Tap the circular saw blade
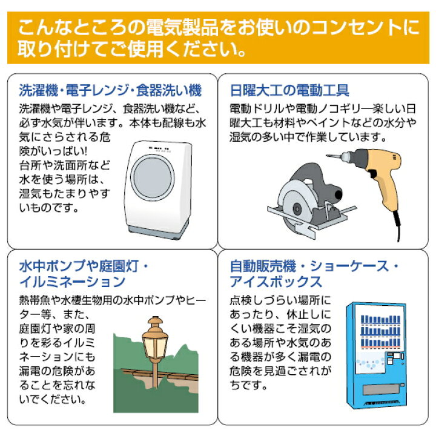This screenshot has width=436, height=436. (x=297, y=202)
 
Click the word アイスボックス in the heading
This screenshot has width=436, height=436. (x=276, y=282)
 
